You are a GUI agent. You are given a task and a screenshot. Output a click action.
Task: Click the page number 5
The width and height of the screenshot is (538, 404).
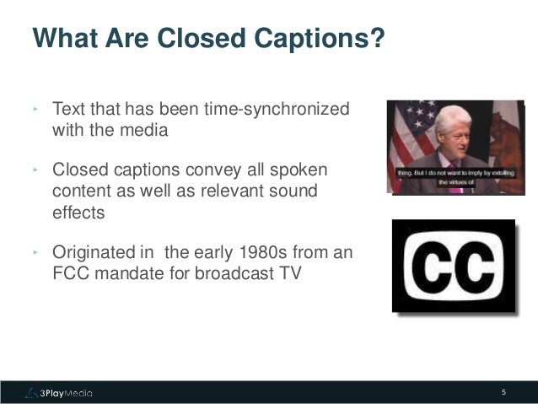503,392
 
